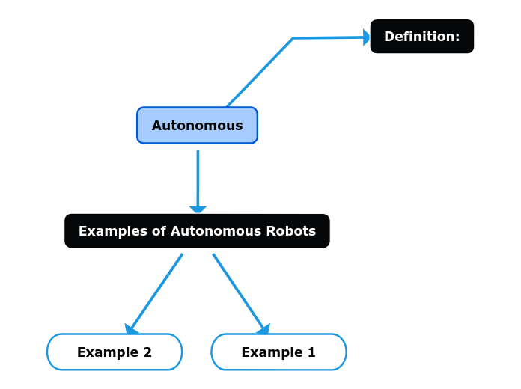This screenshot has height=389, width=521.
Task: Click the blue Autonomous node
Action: [197, 125]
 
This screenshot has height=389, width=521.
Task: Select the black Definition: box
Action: [421, 37]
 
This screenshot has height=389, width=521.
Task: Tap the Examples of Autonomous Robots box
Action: [197, 231]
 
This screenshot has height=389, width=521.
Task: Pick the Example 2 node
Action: [115, 352]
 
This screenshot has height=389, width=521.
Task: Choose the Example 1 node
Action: [278, 352]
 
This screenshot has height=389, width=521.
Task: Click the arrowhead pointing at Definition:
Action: [367, 37]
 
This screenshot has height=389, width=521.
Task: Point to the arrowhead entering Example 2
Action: [131, 329]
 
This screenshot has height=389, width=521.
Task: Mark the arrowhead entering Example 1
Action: [263, 329]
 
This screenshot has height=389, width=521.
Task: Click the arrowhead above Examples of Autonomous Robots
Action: [198, 210]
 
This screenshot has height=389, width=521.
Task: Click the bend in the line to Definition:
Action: [293, 38]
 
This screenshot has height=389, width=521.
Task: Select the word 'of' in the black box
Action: [159, 231]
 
